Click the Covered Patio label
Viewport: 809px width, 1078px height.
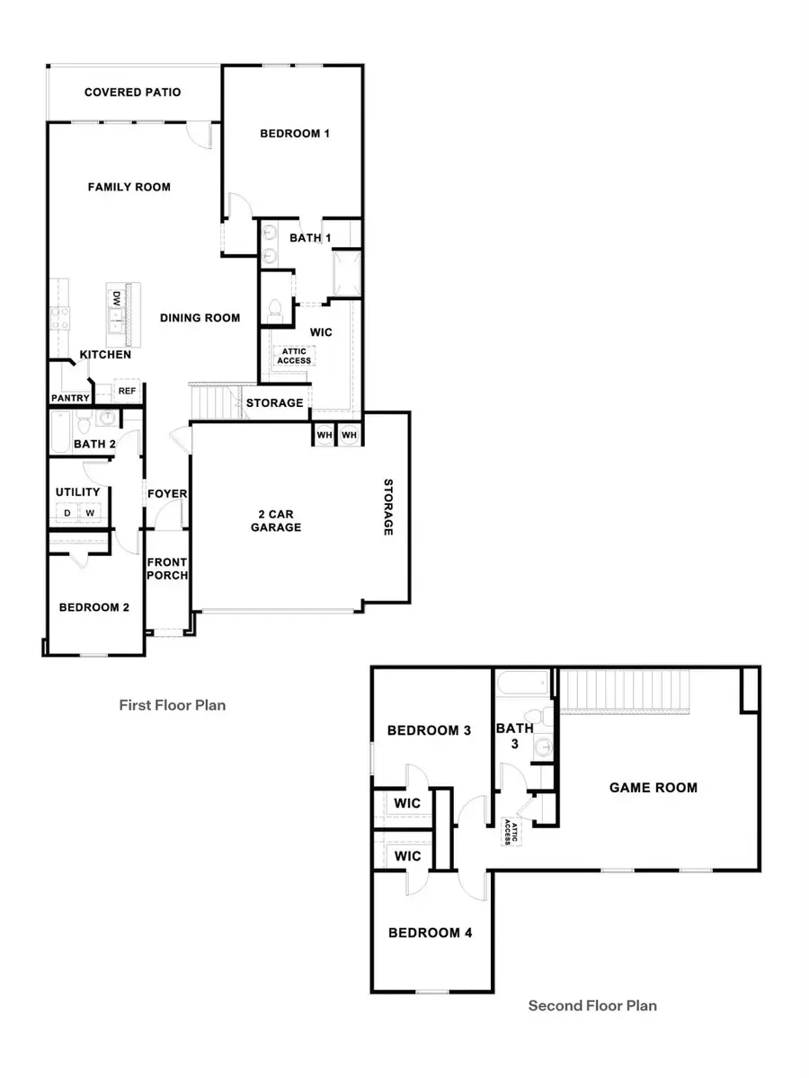coord(133,93)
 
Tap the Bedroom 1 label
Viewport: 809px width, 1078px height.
coord(295,134)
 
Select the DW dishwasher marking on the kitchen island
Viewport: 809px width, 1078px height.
coord(116,297)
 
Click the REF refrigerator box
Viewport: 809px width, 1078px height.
coord(126,392)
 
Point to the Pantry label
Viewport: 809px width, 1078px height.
coord(70,397)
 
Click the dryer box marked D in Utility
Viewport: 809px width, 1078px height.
coord(66,513)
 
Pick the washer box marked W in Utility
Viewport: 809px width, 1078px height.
coord(90,513)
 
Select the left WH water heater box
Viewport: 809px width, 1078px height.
coord(324,436)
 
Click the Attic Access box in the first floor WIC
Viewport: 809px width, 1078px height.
coord(294,356)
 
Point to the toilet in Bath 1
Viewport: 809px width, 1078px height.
coord(275,311)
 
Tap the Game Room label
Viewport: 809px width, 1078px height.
coord(653,788)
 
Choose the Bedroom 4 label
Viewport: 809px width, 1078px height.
coord(430,932)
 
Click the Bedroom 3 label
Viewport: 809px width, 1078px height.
coord(429,730)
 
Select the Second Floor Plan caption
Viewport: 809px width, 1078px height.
coord(592,1005)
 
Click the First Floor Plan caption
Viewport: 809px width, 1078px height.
coord(173,705)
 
